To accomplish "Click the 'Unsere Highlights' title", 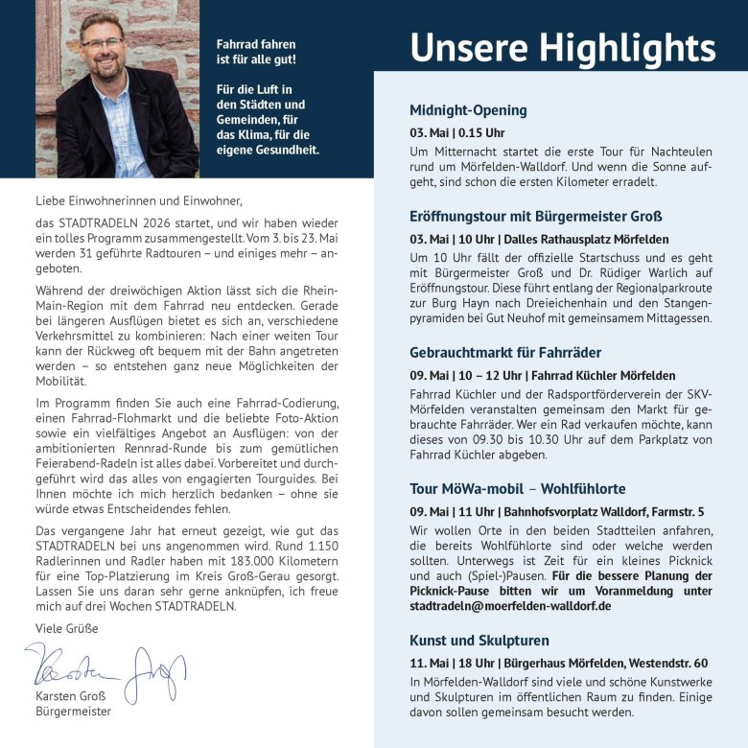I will [x=562, y=47].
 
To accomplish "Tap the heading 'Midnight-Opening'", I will [x=468, y=110].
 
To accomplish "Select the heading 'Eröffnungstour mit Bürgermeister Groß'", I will [x=536, y=217].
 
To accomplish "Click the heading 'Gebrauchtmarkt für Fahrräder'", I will [x=505, y=353].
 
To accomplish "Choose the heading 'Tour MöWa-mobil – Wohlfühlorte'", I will [x=517, y=489].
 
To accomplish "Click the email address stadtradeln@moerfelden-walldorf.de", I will [x=510, y=606].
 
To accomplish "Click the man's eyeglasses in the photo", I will [x=103, y=43].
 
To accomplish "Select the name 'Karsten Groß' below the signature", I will [x=71, y=695].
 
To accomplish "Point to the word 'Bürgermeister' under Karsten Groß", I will [x=73, y=712].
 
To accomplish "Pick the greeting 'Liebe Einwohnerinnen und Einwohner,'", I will [x=140, y=201].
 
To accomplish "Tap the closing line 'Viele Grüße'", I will [x=66, y=628].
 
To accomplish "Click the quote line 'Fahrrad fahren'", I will [x=256, y=44].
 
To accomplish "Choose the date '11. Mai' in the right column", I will [x=431, y=663].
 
